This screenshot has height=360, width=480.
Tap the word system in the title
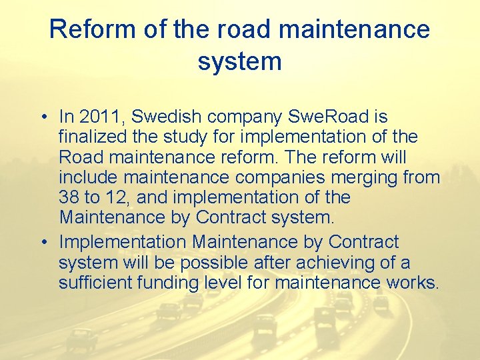point(239,61)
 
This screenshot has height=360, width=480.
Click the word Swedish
point(167,117)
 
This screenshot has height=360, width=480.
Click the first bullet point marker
point(42,117)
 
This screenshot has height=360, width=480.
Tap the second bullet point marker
point(42,242)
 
